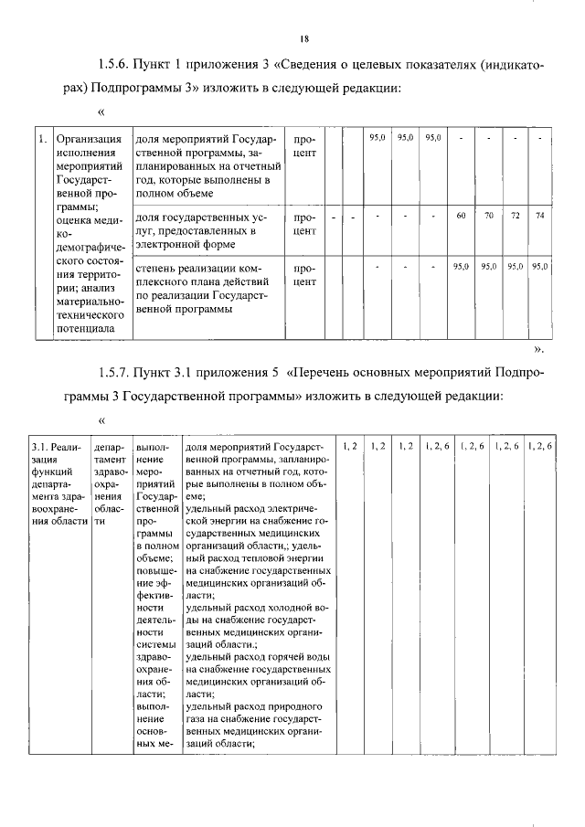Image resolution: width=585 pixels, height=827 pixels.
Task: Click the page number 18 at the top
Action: pos(304,38)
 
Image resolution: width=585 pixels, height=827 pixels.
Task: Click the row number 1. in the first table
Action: pos(42,140)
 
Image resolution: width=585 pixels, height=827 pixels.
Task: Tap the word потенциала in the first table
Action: pos(85,325)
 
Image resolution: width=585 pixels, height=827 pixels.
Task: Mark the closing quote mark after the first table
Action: pos(539,348)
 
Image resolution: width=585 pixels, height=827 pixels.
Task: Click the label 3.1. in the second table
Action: pos(43,446)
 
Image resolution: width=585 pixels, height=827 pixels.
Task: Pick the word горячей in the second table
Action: pos(274,657)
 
